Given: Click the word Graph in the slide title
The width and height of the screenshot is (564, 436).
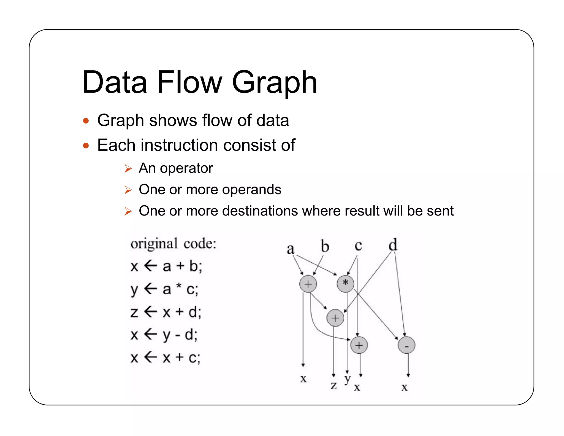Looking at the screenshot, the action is click(x=275, y=82).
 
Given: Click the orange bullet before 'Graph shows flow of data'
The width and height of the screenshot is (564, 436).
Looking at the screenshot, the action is click(x=86, y=121).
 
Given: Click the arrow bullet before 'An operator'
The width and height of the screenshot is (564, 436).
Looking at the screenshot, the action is click(x=128, y=168).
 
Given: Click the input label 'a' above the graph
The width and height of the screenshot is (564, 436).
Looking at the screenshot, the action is click(x=291, y=249).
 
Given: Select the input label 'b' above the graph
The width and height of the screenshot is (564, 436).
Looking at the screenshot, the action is click(x=325, y=246).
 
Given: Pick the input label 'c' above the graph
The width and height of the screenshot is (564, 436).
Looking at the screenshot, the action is click(x=358, y=246).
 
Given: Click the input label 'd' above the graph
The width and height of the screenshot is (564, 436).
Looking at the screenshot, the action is click(x=393, y=244).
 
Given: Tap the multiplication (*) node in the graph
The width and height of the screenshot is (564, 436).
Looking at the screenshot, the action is click(x=345, y=283).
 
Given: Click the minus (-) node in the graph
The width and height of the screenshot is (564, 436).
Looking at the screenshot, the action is click(x=406, y=345).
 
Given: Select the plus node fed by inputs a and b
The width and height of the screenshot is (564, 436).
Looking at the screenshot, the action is click(x=308, y=284).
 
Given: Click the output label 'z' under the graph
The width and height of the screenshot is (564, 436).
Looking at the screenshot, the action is click(x=334, y=385).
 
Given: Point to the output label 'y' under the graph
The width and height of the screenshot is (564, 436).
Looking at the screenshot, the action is click(x=348, y=379).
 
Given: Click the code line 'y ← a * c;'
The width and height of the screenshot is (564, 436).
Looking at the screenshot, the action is click(x=164, y=290).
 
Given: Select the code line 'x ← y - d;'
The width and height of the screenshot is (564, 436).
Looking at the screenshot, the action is click(x=164, y=335).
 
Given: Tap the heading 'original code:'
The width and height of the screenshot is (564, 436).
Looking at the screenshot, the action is click(x=173, y=244).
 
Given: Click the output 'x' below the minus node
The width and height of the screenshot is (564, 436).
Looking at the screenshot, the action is click(x=404, y=387).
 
